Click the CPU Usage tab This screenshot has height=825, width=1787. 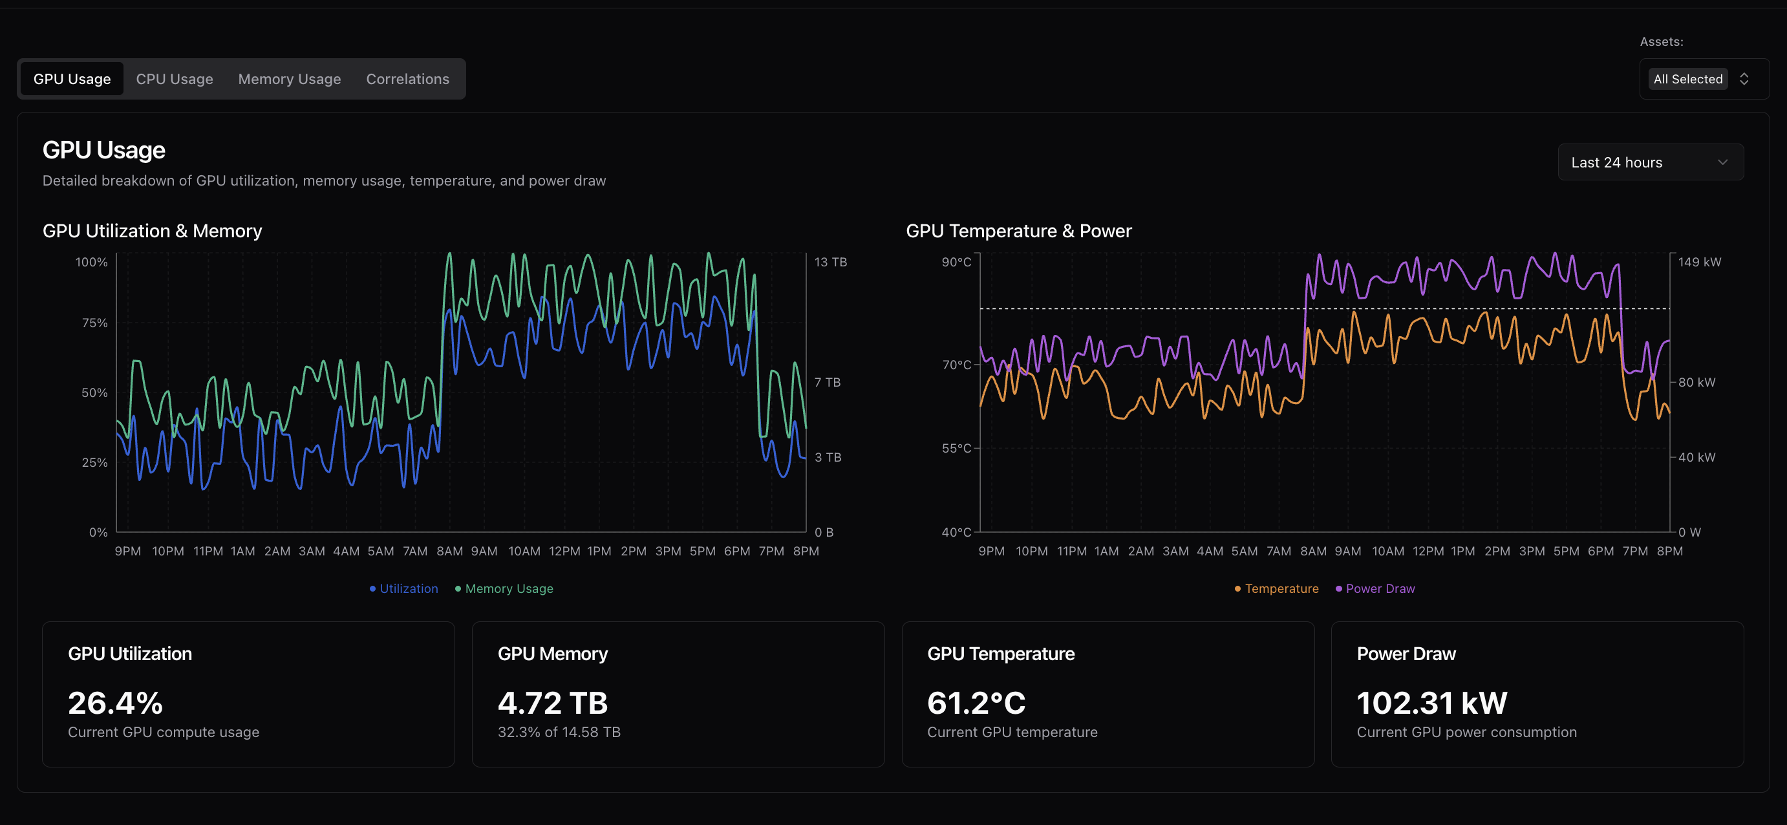(x=174, y=79)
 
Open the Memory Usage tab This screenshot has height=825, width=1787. (x=289, y=79)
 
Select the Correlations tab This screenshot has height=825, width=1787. (x=407, y=79)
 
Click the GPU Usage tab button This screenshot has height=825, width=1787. (x=72, y=79)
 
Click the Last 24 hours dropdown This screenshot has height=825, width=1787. (x=1650, y=162)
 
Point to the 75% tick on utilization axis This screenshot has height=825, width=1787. (x=95, y=323)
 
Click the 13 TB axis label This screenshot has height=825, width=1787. (x=829, y=262)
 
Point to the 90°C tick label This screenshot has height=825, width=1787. (x=956, y=262)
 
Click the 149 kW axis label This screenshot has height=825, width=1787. (x=1699, y=262)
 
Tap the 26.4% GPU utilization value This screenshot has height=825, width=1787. (x=116, y=703)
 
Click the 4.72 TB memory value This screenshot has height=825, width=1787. (x=552, y=703)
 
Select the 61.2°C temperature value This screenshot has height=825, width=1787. (x=976, y=703)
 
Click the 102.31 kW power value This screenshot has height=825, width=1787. (x=1431, y=703)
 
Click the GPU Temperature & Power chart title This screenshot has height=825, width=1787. (x=1018, y=231)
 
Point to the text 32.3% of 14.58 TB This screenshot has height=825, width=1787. (x=559, y=732)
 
